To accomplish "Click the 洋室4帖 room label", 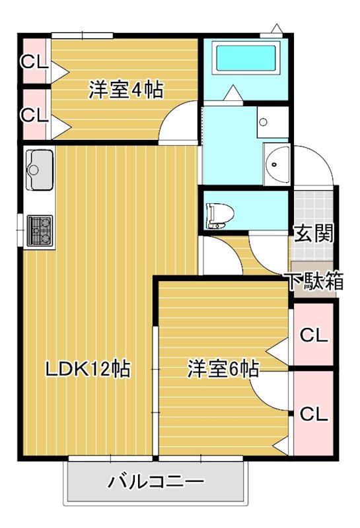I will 126,90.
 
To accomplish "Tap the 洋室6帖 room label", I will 222,368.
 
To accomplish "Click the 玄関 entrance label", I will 312,234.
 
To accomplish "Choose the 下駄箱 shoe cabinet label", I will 314,281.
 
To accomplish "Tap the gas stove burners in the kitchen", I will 39,230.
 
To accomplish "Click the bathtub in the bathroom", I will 245,59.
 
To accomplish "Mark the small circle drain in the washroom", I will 263,121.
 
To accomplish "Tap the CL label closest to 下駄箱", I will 313,335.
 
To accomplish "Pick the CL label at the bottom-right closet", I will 313,414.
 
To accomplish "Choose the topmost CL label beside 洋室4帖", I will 33,63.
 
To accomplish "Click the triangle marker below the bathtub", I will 232,93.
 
